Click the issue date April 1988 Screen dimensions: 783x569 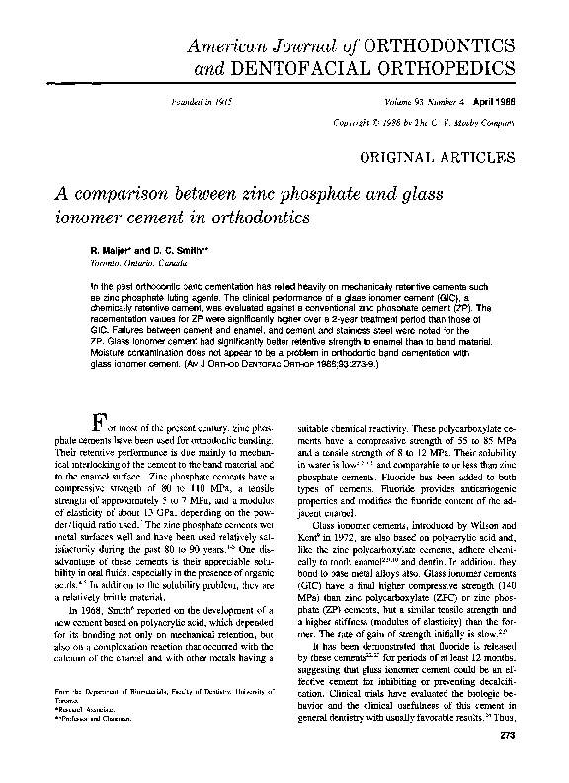[492, 104]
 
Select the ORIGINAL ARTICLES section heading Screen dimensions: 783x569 [443, 157]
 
